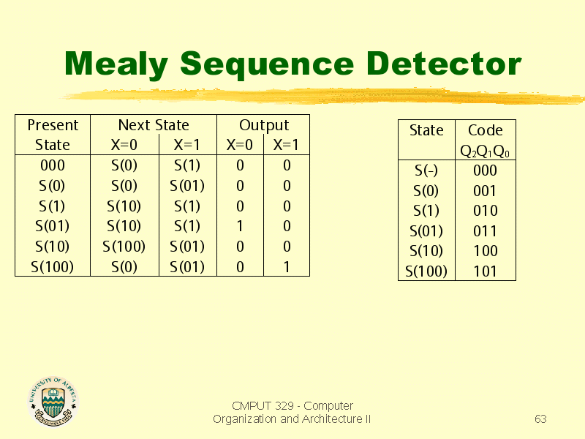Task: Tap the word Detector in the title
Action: tap(443, 64)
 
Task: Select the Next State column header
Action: tap(154, 125)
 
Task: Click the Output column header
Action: tap(264, 125)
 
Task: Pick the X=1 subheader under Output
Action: tap(286, 145)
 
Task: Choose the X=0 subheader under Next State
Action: tap(124, 145)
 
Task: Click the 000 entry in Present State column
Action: tap(53, 165)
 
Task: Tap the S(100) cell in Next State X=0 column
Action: tap(124, 247)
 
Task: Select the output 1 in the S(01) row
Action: tap(240, 226)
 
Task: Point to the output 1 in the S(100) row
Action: tap(287, 267)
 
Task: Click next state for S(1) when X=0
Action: tap(124, 206)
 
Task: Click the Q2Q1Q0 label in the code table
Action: tap(485, 151)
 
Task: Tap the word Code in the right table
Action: tap(485, 130)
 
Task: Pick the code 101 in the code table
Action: tap(485, 271)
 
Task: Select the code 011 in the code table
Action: tap(485, 231)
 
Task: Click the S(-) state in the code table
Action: tap(426, 170)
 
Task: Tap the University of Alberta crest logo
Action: tap(53, 401)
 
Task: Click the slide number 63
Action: tap(540, 419)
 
